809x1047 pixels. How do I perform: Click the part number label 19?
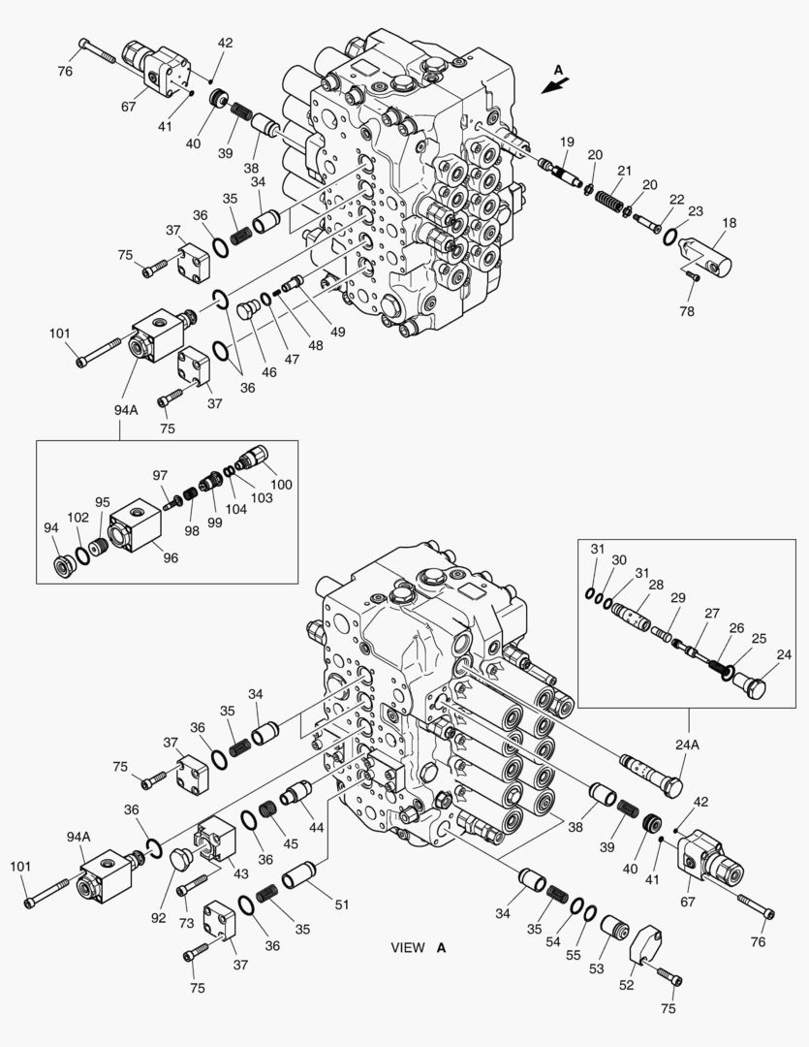click(567, 142)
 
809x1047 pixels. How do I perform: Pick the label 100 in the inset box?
click(280, 484)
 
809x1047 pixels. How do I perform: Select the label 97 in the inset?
click(160, 475)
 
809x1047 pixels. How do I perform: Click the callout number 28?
click(656, 585)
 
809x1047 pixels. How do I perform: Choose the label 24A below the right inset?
click(689, 746)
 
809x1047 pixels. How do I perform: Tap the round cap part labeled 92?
click(182, 858)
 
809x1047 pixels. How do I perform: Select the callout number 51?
click(341, 905)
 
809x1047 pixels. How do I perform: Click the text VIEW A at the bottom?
click(419, 947)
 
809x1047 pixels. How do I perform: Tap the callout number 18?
click(729, 223)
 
